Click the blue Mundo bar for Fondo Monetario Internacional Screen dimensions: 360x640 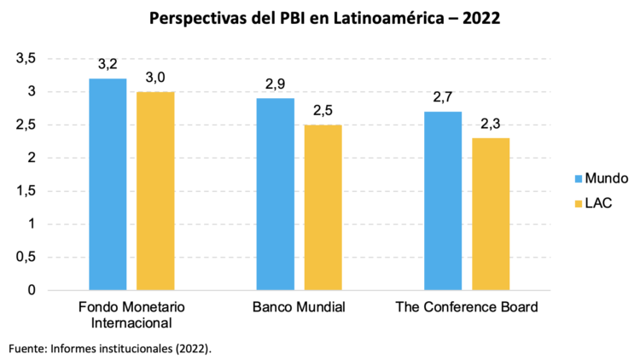click(x=108, y=184)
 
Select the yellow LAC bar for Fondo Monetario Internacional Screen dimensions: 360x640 click(x=155, y=191)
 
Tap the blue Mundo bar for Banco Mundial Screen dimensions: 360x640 click(x=275, y=195)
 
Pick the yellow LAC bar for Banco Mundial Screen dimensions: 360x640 click(x=323, y=207)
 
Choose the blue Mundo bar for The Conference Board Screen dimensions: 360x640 click(x=443, y=201)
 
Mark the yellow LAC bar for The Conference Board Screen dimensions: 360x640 click(x=491, y=214)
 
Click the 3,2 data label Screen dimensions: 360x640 click(x=108, y=64)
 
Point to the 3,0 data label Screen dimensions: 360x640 click(x=155, y=78)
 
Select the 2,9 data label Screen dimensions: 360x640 click(x=275, y=84)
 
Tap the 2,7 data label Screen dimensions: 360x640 click(x=443, y=97)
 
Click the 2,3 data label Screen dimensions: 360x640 click(x=491, y=124)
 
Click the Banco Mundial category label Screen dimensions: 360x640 click(x=299, y=307)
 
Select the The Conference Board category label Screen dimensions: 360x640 click(x=467, y=307)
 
